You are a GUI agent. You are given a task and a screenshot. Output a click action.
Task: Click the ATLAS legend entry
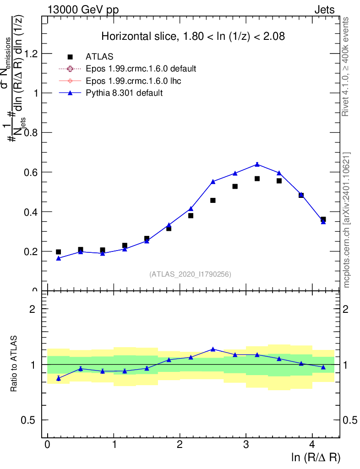click(99, 57)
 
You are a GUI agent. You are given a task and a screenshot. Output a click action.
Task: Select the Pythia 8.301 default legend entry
click(124, 93)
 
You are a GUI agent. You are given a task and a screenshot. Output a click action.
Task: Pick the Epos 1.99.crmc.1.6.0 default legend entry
click(141, 69)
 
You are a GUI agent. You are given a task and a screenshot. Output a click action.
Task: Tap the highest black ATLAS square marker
click(257, 179)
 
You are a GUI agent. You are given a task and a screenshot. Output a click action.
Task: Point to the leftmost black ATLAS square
click(58, 252)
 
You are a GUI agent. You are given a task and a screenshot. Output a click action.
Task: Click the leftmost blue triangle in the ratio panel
click(58, 378)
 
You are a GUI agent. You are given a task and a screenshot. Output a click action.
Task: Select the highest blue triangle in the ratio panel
click(213, 349)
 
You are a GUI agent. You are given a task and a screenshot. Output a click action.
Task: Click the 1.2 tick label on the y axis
click(33, 54)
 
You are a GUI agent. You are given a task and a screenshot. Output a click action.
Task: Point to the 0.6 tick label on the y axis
click(33, 172)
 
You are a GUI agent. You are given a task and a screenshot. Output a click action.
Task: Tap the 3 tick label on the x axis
click(246, 444)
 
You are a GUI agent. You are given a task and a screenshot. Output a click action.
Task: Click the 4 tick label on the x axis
click(312, 444)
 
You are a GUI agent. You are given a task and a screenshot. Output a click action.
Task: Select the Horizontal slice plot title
click(193, 37)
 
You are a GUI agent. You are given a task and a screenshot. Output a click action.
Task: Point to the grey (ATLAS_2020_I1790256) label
click(190, 274)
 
